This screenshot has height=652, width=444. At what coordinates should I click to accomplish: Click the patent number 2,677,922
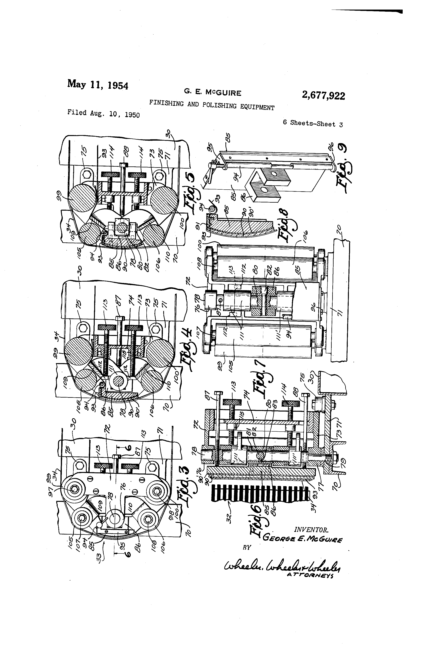pos(323,96)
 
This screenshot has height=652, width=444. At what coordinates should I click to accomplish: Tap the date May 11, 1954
pos(97,84)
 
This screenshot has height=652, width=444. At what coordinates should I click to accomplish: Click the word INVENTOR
pos(311,530)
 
